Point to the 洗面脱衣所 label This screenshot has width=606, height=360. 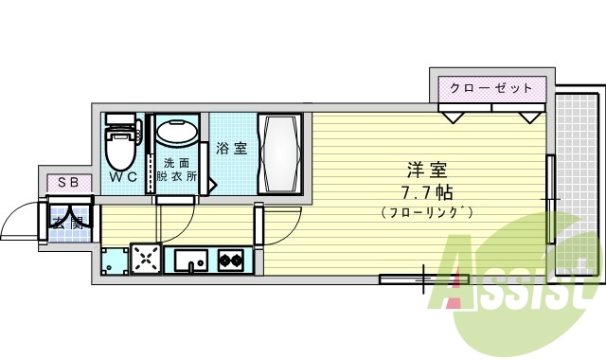pyautogui.click(x=177, y=170)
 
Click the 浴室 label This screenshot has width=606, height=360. pyautogui.click(x=230, y=149)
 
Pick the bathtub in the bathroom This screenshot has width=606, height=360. pyautogui.click(x=280, y=153)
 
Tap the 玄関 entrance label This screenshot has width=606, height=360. pyautogui.click(x=68, y=224)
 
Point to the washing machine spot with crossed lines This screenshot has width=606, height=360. pyautogui.click(x=146, y=259)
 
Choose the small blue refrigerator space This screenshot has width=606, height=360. pyautogui.click(x=115, y=260)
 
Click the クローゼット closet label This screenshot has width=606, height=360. pyautogui.click(x=491, y=88)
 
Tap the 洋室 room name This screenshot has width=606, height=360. pyautogui.click(x=426, y=171)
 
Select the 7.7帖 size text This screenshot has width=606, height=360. pyautogui.click(x=426, y=192)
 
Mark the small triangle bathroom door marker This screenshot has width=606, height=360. pyautogui.click(x=213, y=181)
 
